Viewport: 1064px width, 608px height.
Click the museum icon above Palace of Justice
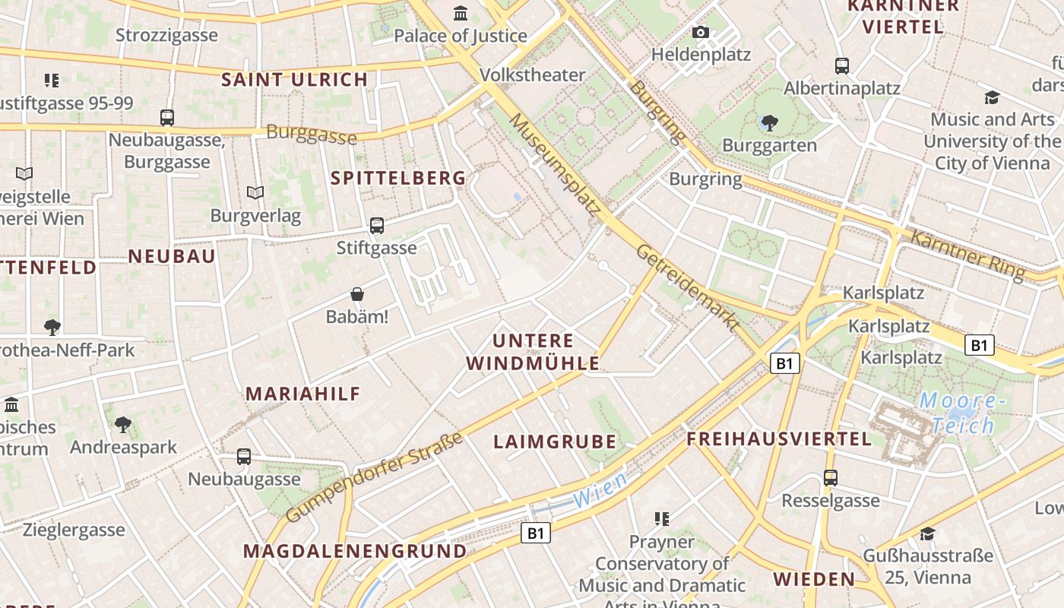[x=461, y=14]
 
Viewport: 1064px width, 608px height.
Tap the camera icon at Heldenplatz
[x=701, y=32]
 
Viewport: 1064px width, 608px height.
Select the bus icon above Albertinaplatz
[x=841, y=65]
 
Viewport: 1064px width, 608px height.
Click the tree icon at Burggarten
[x=769, y=122]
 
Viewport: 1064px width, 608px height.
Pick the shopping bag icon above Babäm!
[x=357, y=294]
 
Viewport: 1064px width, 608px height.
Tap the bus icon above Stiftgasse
[x=376, y=225]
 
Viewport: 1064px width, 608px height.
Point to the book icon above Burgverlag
[x=255, y=193]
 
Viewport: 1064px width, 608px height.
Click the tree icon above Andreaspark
[x=123, y=424]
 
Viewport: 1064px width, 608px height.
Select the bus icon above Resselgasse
[x=830, y=478]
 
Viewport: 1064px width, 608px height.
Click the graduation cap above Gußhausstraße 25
[x=927, y=534]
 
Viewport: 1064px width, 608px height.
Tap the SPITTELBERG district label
[x=398, y=178]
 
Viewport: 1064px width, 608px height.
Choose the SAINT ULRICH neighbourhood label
[x=294, y=79]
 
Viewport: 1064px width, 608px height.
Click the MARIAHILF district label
[x=302, y=394]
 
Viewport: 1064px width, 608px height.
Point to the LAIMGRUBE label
[x=554, y=442]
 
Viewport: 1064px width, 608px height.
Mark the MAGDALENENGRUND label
[x=355, y=551]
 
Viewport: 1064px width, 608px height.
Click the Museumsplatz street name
[x=554, y=163]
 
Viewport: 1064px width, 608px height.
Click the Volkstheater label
[x=532, y=74]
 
